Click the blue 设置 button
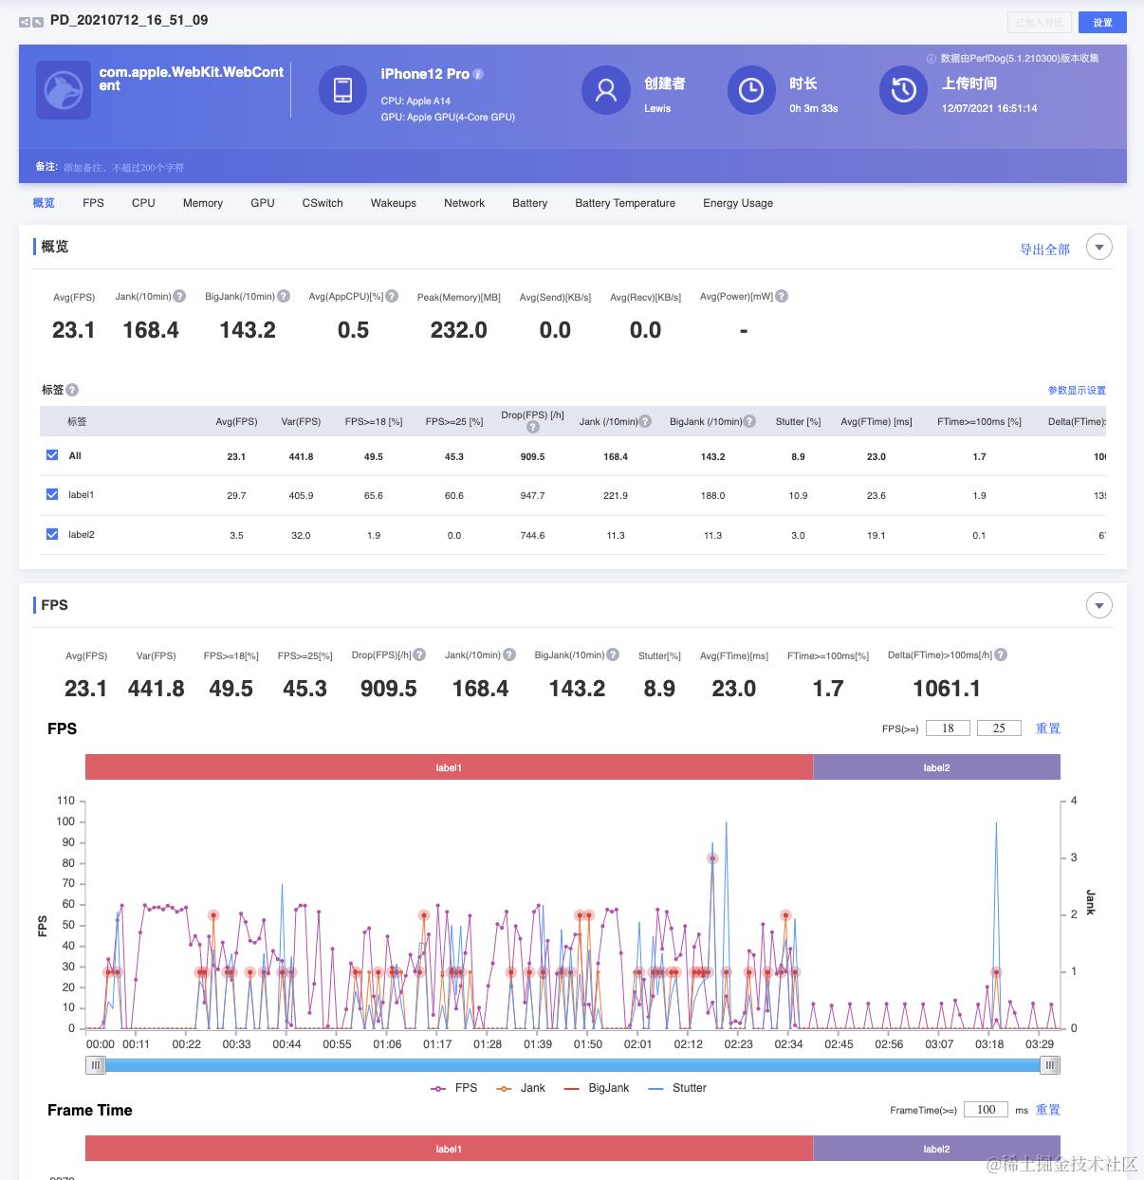(x=1102, y=23)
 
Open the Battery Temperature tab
(x=625, y=203)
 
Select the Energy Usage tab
(x=738, y=203)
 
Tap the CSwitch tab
(x=323, y=203)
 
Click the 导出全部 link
(x=1044, y=249)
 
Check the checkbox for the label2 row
(x=52, y=534)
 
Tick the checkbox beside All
(x=52, y=455)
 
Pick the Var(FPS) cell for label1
(x=301, y=495)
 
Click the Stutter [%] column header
(x=798, y=422)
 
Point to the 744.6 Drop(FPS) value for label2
(x=532, y=535)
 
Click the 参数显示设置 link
(x=1077, y=390)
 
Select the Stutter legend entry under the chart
(x=677, y=1088)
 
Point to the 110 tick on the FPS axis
(x=65, y=801)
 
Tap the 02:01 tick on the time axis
(x=638, y=1044)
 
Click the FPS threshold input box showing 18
(x=948, y=728)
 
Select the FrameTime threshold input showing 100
(x=986, y=1110)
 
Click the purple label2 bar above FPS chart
(x=936, y=767)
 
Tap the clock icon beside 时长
(x=751, y=90)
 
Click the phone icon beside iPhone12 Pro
(x=343, y=90)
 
